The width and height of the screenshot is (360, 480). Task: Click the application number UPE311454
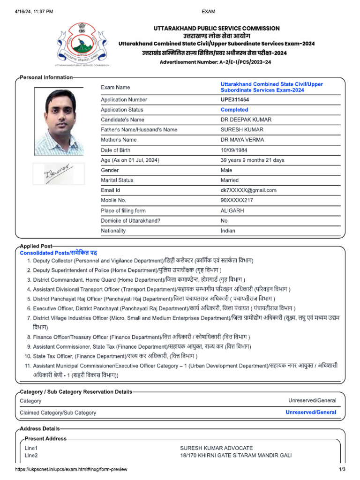(235, 100)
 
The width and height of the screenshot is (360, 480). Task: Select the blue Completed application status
(234, 110)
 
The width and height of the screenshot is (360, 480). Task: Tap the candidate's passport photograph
(59, 121)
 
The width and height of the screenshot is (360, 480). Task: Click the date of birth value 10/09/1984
(234, 150)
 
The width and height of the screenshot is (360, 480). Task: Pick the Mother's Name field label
(119, 140)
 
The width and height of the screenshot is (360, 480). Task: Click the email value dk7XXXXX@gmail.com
(248, 190)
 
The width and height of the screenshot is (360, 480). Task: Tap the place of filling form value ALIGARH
(232, 211)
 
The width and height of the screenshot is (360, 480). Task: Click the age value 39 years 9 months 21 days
(252, 160)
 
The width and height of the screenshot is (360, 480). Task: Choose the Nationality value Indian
(228, 231)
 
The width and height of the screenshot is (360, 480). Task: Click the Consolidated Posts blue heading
(59, 253)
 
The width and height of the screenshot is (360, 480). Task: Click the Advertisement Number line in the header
(215, 62)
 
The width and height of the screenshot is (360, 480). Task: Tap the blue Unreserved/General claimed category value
(311, 412)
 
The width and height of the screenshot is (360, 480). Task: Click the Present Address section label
(45, 439)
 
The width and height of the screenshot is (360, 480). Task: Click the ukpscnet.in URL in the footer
(71, 469)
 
